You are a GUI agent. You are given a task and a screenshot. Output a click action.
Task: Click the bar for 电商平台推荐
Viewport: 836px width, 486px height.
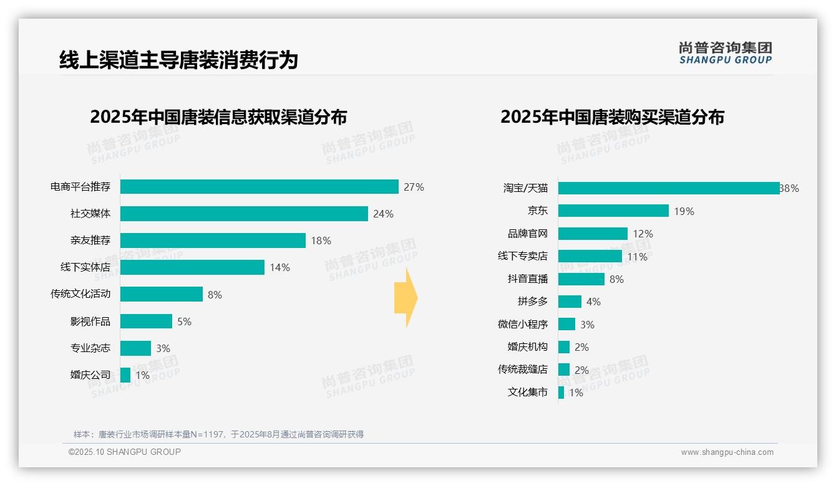point(259,187)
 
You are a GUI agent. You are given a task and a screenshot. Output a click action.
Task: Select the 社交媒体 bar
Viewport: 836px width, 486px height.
point(244,214)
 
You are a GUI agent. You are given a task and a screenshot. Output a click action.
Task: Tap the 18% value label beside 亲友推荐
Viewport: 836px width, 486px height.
point(321,241)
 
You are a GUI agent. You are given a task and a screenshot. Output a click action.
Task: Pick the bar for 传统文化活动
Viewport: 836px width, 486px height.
point(162,294)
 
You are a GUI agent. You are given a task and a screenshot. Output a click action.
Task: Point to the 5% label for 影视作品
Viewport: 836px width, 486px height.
point(184,322)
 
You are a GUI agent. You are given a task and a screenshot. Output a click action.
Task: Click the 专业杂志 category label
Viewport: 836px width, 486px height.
point(90,348)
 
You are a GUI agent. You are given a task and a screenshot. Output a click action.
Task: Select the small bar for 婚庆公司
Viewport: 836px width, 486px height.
point(125,375)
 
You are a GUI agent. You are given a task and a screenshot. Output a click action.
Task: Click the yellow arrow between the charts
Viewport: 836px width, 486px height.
point(406,298)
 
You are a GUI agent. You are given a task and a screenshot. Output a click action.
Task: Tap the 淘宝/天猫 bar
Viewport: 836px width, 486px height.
point(668,188)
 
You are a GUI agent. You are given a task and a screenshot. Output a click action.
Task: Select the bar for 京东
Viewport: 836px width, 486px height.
point(613,211)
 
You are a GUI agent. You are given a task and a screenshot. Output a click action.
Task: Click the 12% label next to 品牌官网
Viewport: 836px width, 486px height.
point(643,234)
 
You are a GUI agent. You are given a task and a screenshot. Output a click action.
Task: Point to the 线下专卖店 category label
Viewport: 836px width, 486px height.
point(522,256)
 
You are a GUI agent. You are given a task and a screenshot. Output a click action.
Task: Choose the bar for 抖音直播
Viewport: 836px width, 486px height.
point(581,279)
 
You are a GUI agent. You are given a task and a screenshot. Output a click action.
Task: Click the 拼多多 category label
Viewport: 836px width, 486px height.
point(532,302)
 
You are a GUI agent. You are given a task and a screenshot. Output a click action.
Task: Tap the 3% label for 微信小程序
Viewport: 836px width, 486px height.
point(587,325)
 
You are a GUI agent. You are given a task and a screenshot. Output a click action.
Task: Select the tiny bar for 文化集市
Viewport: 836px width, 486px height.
point(561,393)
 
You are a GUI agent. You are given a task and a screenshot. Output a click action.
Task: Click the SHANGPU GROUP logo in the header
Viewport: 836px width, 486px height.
point(725,52)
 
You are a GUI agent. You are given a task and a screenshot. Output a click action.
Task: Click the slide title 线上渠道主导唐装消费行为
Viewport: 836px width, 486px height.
point(178,60)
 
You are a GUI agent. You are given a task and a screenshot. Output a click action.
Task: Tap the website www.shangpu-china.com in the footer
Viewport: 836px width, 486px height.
point(727,452)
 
